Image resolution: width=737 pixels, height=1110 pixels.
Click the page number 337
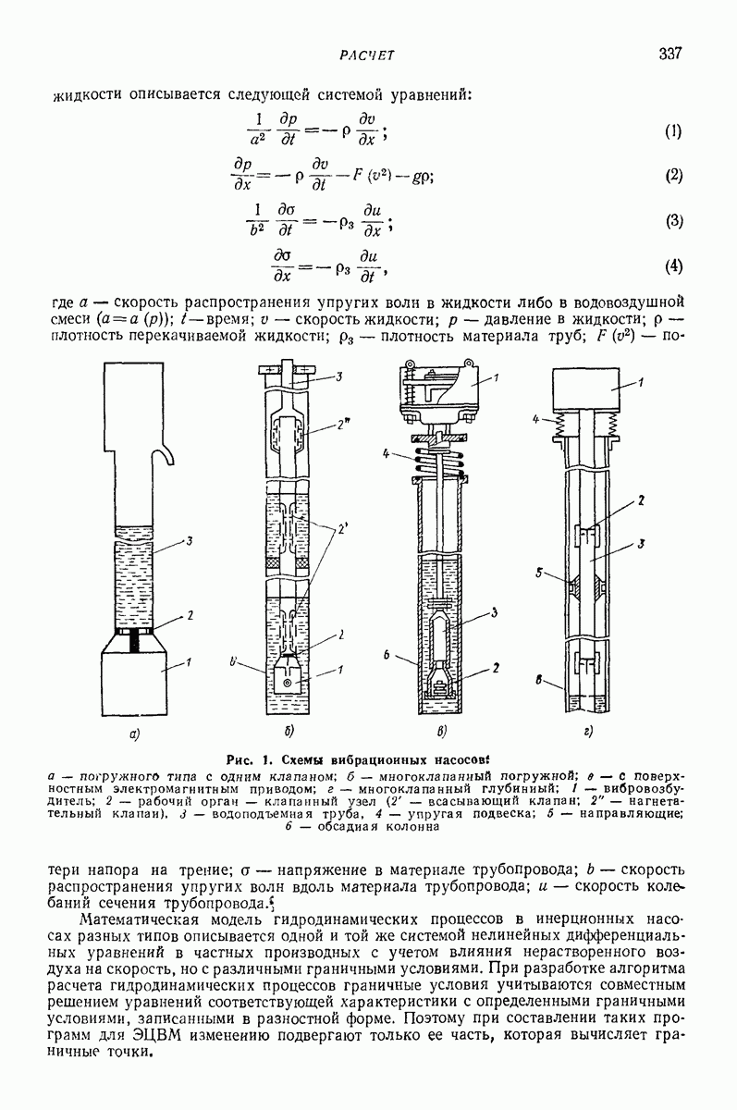pyautogui.click(x=670, y=53)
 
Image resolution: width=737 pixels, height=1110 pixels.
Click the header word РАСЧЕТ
pyautogui.click(x=367, y=55)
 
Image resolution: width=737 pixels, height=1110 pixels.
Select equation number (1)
pyautogui.click(x=673, y=131)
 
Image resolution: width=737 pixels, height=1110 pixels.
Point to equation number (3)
pyautogui.click(x=674, y=220)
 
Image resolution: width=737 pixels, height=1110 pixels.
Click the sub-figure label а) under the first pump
pyautogui.click(x=134, y=735)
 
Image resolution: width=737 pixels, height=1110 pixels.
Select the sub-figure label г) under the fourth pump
pyautogui.click(x=589, y=732)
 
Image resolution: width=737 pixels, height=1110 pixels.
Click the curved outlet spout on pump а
pyautogui.click(x=165, y=454)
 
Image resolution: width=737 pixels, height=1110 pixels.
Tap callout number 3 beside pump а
pyautogui.click(x=189, y=541)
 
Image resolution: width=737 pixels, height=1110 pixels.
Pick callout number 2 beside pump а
pyautogui.click(x=190, y=616)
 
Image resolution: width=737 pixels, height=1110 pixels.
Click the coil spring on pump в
pyautogui.click(x=438, y=461)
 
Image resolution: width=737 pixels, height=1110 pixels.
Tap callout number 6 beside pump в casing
pyautogui.click(x=387, y=655)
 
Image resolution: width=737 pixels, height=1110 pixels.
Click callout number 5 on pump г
pyautogui.click(x=539, y=573)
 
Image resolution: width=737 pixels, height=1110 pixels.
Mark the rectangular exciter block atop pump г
pyautogui.click(x=586, y=389)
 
